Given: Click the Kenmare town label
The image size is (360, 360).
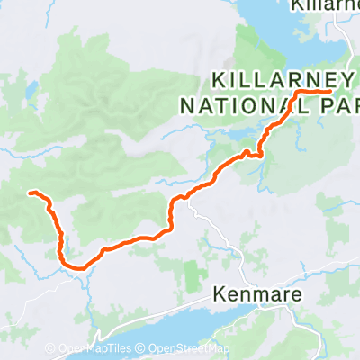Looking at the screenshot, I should [x=253, y=294].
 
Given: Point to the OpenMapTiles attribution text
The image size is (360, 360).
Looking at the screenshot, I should [x=96, y=349].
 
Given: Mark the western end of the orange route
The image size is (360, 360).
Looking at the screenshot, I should [x=31, y=193].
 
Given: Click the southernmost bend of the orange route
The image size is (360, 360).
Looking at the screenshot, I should [x=76, y=266].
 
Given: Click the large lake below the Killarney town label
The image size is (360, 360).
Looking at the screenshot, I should [x=297, y=36].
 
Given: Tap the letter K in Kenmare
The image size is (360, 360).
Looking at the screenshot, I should [x=220, y=294].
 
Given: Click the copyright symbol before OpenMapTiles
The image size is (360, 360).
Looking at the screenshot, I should [x=53, y=349].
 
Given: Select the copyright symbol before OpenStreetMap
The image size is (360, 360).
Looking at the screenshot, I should [x=142, y=349].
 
